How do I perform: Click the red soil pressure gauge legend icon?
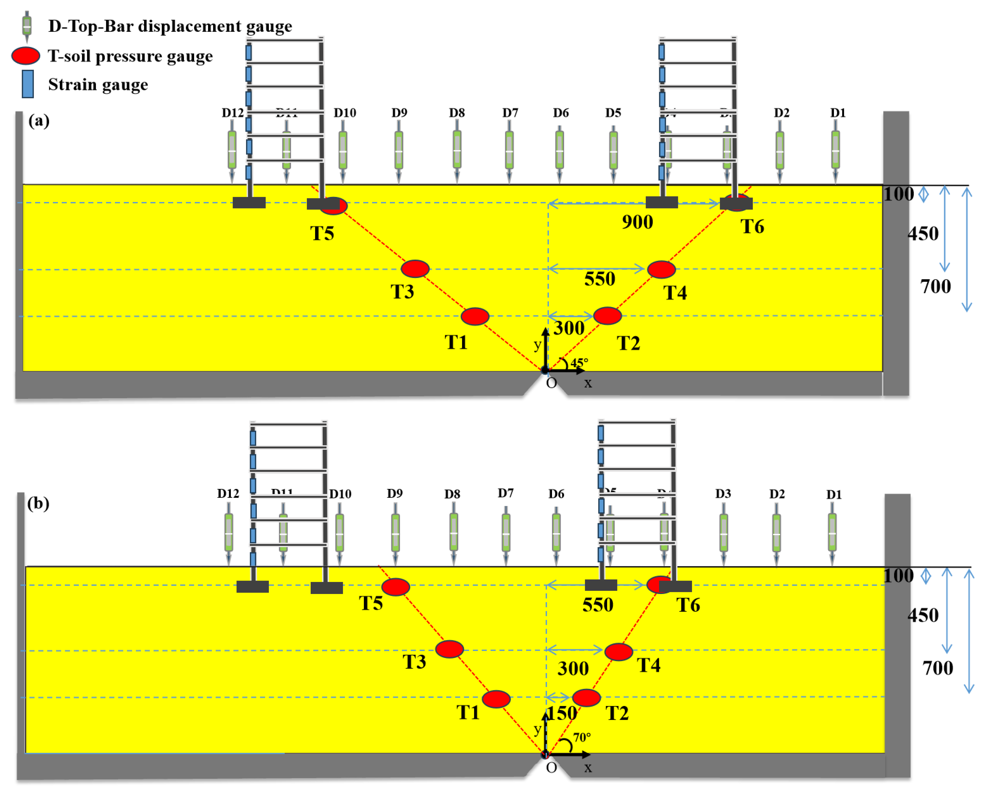click(x=26, y=56)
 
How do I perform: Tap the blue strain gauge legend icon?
click(x=28, y=84)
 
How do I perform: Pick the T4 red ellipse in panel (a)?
click(x=661, y=269)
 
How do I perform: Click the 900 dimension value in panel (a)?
click(x=637, y=222)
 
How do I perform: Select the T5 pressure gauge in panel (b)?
click(x=395, y=587)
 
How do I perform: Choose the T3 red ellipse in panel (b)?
click(x=449, y=649)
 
